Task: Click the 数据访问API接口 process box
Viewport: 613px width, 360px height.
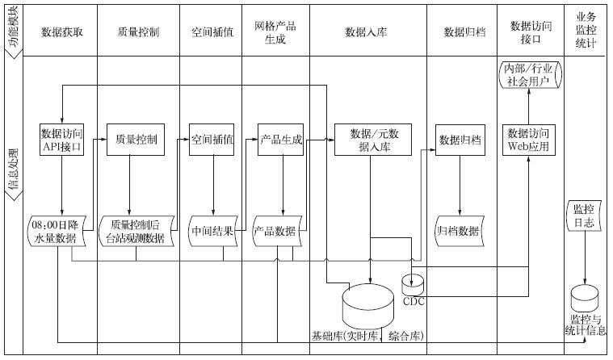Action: pos(61,140)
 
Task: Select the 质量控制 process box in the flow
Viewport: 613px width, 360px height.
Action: pos(131,139)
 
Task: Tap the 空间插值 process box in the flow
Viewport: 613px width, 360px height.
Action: pos(212,139)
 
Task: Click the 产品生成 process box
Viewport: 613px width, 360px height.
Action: pos(280,139)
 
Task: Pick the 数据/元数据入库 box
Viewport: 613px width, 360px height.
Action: pos(371,140)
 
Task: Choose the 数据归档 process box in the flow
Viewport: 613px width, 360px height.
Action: pos(460,139)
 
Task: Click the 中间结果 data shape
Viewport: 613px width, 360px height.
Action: pos(214,230)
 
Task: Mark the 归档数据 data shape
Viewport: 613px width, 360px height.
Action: pos(459,230)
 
